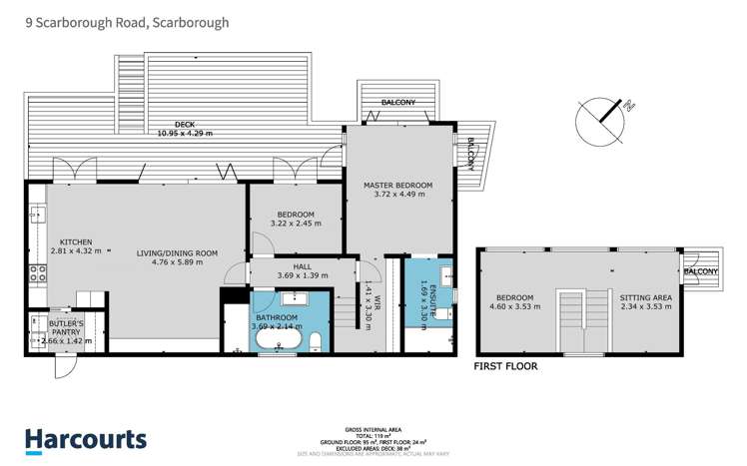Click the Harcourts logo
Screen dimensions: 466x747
point(85,439)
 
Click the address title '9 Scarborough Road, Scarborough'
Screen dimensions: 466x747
point(127,21)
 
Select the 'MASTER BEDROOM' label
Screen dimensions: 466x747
point(397,186)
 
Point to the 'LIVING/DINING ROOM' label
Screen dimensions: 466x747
point(177,253)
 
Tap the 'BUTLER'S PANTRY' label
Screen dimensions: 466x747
point(66,324)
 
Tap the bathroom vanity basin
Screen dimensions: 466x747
point(296,298)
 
